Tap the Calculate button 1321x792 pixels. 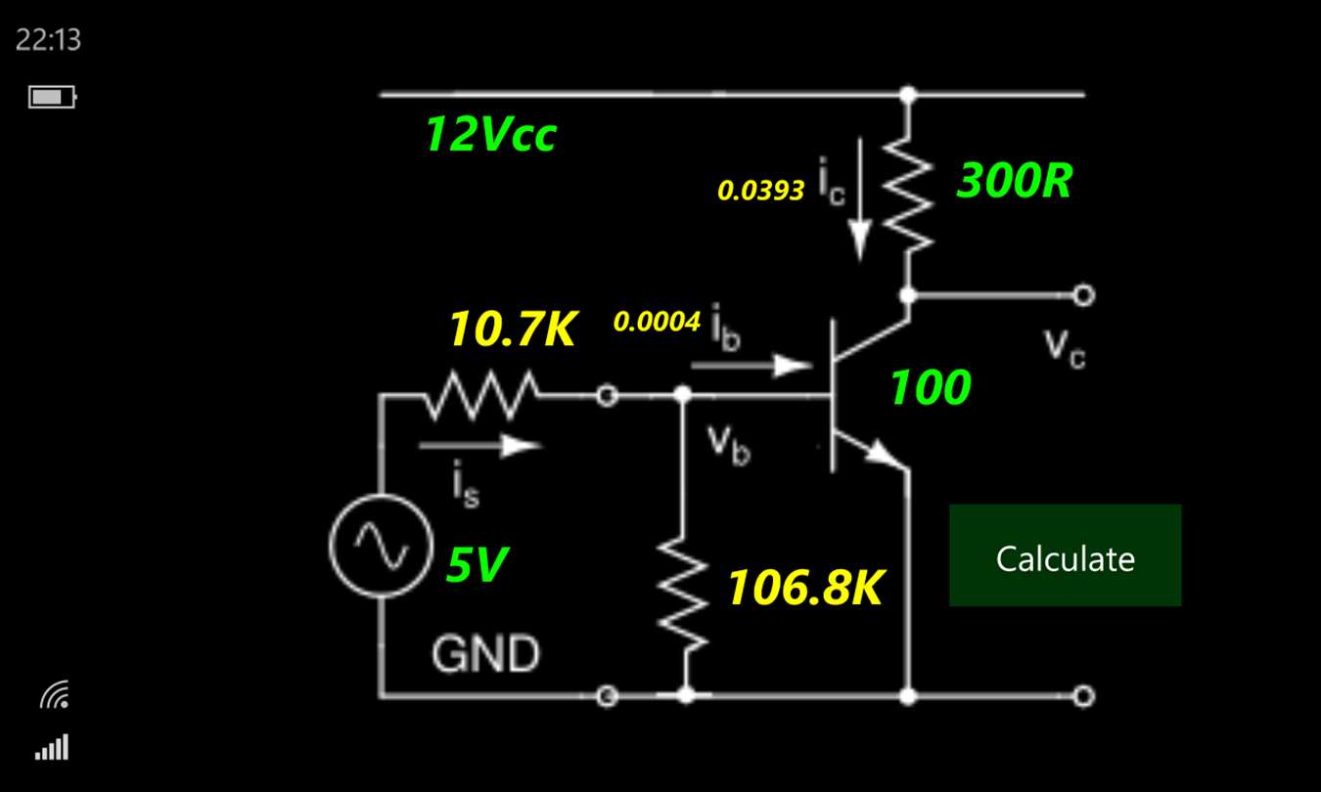(x=1065, y=555)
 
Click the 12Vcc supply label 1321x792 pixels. (x=490, y=135)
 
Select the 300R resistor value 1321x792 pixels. (x=1014, y=181)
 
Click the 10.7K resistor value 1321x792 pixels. (x=512, y=330)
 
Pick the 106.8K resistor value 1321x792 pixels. (x=805, y=589)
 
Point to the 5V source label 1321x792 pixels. (x=478, y=564)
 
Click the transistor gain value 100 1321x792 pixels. (x=930, y=388)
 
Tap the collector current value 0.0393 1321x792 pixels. (x=761, y=191)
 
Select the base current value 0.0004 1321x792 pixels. (x=657, y=322)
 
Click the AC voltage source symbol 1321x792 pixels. (x=381, y=545)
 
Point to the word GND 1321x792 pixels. (x=485, y=654)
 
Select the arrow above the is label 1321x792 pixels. (x=479, y=446)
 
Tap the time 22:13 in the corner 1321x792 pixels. (x=48, y=40)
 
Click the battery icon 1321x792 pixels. (x=52, y=97)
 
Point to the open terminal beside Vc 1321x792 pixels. (x=1083, y=294)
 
